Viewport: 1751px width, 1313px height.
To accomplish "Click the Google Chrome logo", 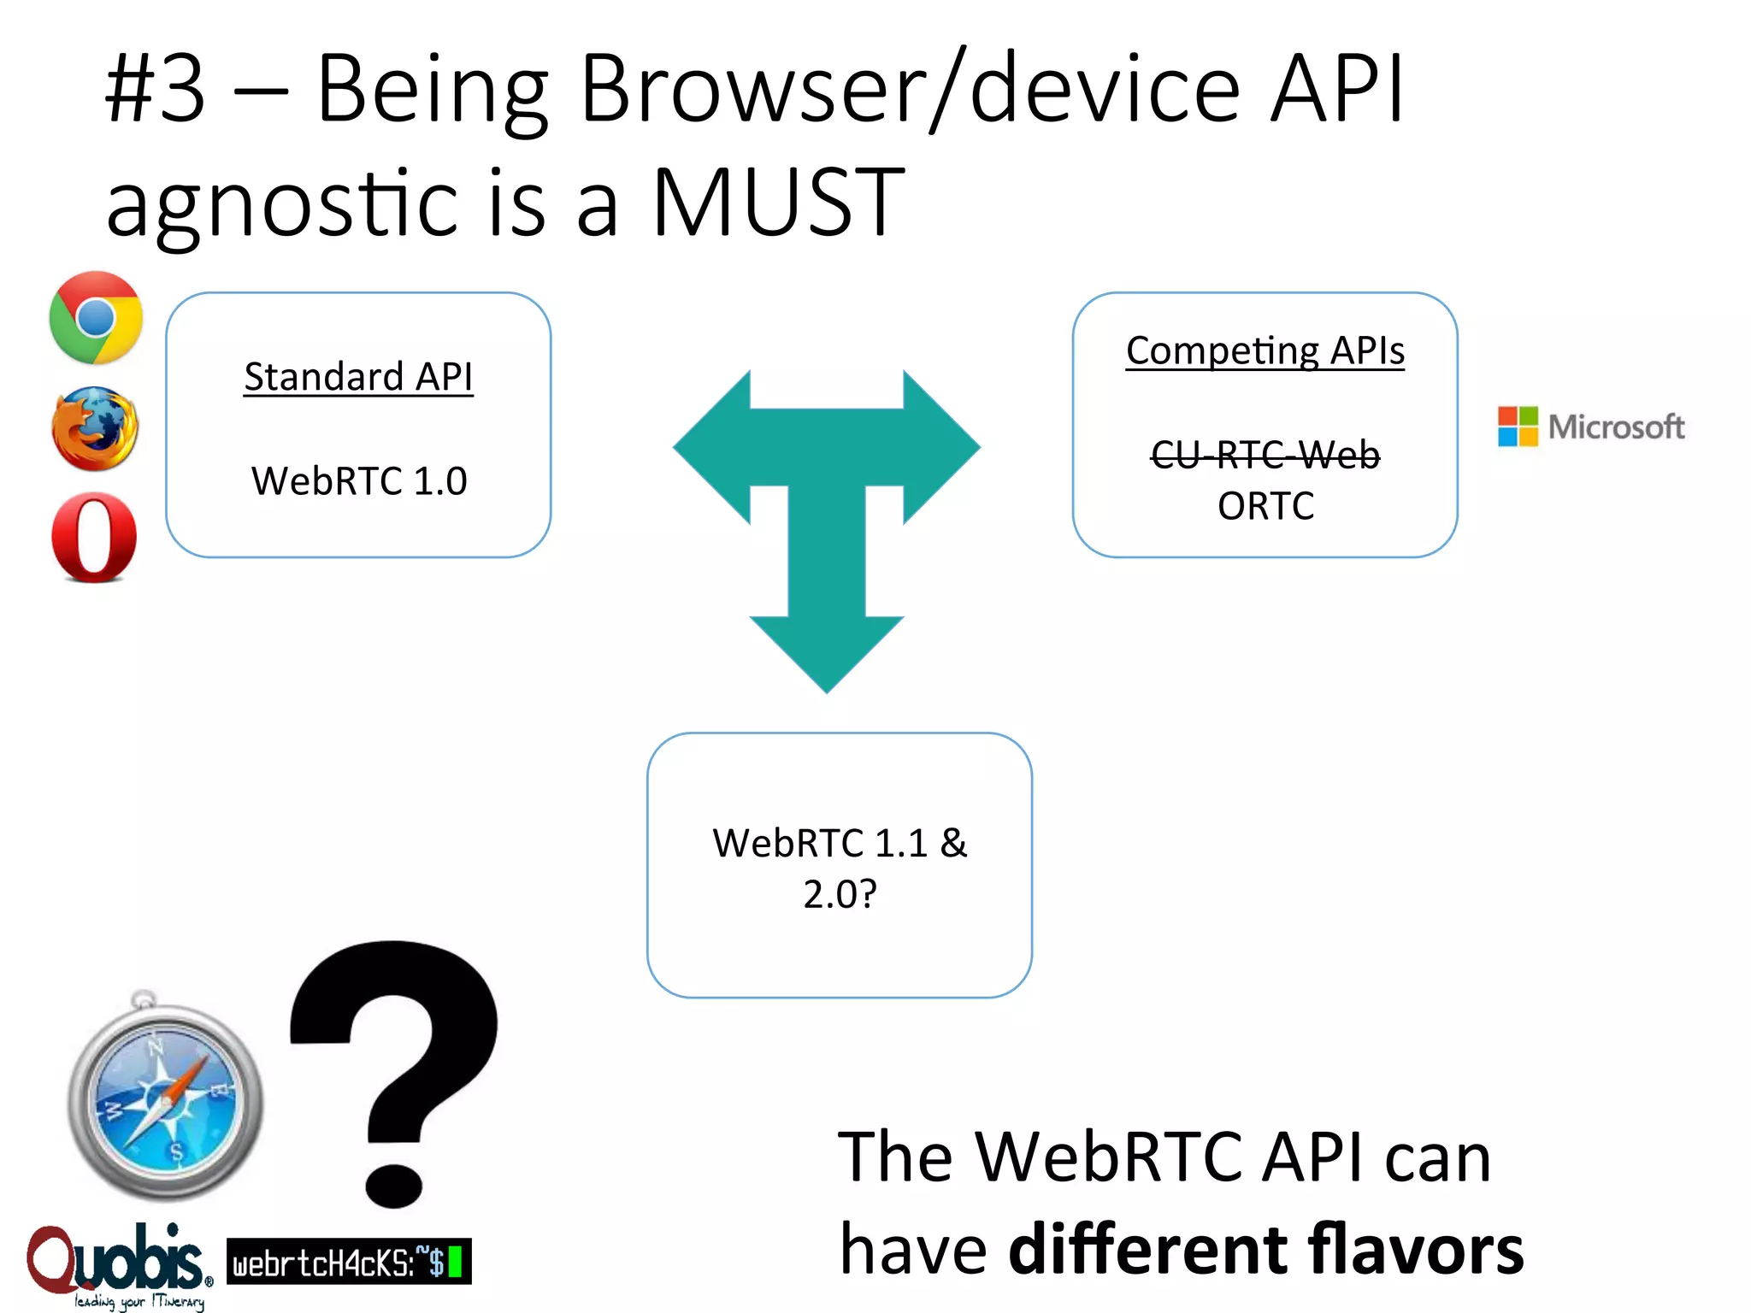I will pos(96,318).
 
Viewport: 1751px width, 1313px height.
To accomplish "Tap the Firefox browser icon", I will pos(94,429).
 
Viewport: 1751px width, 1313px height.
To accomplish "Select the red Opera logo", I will pos(94,538).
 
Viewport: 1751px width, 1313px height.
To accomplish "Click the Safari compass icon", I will pos(165,1099).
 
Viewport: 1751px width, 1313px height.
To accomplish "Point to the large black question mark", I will pos(395,1069).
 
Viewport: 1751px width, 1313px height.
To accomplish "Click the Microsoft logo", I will pos(1591,427).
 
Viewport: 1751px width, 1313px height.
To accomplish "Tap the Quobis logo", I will pos(118,1263).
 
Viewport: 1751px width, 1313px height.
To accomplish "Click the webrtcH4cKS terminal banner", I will pos(349,1261).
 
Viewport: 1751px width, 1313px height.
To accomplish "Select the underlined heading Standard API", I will pos(358,377).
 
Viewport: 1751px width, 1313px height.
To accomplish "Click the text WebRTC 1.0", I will pos(359,481).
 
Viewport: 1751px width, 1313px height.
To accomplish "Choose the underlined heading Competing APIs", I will pos(1265,351).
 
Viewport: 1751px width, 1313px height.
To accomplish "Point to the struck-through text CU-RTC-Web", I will pos(1265,454).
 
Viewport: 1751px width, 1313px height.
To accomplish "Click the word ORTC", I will pos(1265,506).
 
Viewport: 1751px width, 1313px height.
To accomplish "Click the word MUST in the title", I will pos(778,203).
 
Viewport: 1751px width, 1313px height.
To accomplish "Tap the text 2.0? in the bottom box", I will pos(840,894).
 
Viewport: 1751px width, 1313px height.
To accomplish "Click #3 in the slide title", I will pos(156,90).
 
